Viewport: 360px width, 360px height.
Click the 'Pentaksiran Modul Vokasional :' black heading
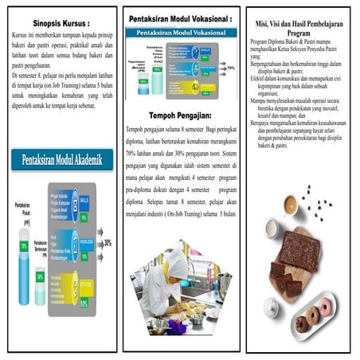coord(180,18)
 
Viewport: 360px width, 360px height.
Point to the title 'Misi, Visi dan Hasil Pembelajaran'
coord(299,24)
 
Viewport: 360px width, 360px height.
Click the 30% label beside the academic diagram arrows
coord(108,244)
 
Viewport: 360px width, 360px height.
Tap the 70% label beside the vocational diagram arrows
coord(231,69)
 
